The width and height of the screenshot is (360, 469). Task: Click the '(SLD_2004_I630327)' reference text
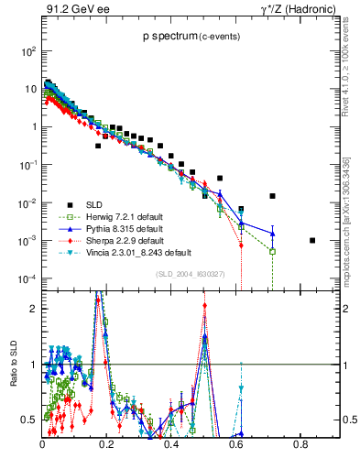[187, 273]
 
